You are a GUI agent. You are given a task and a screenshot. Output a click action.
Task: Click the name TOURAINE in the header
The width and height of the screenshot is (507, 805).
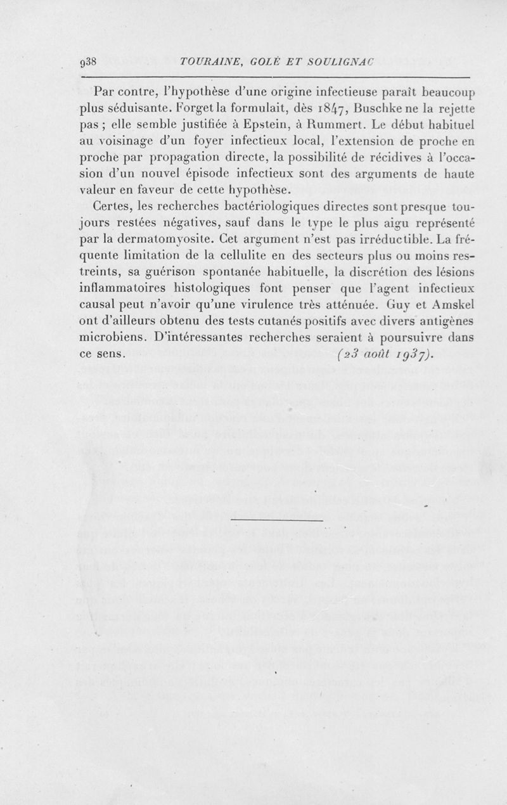[x=209, y=63]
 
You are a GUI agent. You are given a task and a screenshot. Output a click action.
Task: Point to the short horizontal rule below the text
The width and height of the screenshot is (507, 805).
[x=278, y=521]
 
